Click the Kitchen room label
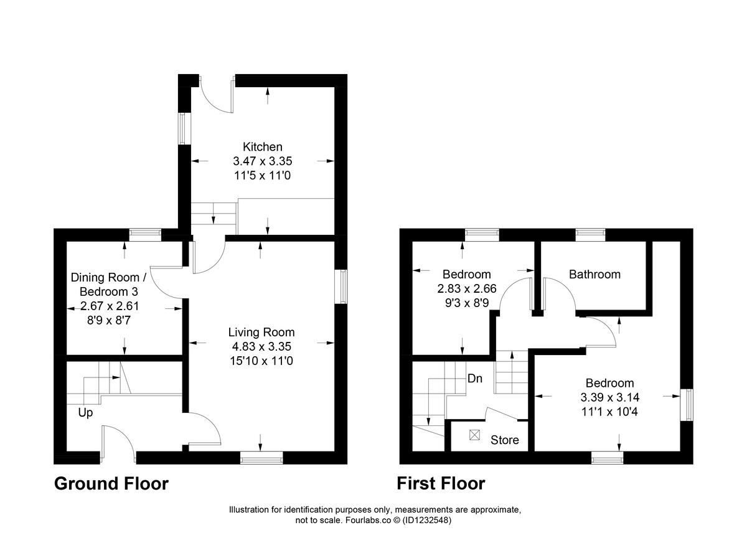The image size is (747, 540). [x=262, y=147]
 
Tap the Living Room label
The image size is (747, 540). [x=261, y=332]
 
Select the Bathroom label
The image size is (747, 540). [x=594, y=274]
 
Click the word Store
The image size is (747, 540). [x=504, y=440]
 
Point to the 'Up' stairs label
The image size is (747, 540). [x=85, y=412]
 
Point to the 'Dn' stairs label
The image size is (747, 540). [x=476, y=378]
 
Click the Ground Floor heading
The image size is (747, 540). [x=111, y=483]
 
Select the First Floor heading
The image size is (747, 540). [x=441, y=483]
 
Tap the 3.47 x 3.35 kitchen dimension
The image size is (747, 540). [x=262, y=161]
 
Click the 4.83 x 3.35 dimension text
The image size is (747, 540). [x=261, y=346]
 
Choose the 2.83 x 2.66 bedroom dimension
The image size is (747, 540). [x=466, y=288]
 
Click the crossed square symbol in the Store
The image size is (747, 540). [x=475, y=435]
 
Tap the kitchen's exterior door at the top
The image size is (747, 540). [x=218, y=95]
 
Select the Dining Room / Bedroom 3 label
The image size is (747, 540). [x=109, y=284]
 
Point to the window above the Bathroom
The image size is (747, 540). [x=589, y=234]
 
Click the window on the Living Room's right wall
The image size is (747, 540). [x=341, y=287]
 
